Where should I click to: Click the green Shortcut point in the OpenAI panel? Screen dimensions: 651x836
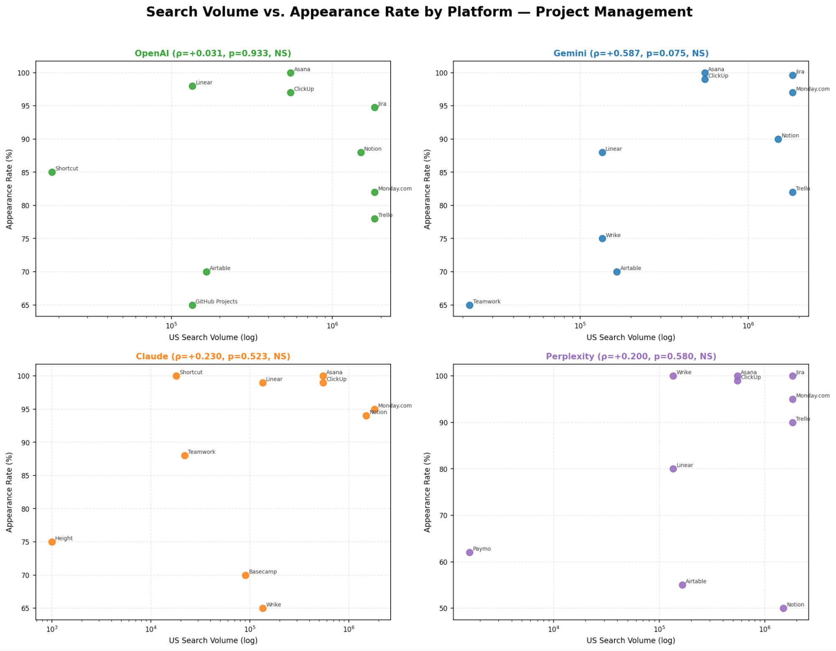coord(52,172)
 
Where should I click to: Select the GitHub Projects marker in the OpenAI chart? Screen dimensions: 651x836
coord(192,305)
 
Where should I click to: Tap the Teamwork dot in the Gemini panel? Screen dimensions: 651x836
coord(470,305)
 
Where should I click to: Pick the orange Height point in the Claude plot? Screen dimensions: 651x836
coord(52,542)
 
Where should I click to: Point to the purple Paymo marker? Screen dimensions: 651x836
coord(470,552)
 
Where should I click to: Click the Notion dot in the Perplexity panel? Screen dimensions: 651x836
coord(783,608)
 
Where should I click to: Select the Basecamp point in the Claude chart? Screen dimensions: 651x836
coord(245,575)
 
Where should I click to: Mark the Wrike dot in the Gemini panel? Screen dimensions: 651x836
coord(602,239)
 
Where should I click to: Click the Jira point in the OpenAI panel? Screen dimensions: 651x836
coord(375,107)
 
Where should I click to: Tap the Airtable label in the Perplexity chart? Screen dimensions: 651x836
coord(696,581)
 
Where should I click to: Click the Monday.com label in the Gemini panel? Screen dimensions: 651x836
coord(813,89)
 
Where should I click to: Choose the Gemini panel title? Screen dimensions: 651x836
coord(631,53)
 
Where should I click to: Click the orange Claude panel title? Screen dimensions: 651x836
coord(213,356)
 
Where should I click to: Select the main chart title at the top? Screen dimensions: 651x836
coord(419,12)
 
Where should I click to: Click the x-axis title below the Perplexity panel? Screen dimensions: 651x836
coord(631,641)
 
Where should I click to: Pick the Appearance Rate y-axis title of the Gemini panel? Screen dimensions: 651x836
coord(427,189)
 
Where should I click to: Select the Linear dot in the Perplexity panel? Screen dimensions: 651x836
coord(673,469)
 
